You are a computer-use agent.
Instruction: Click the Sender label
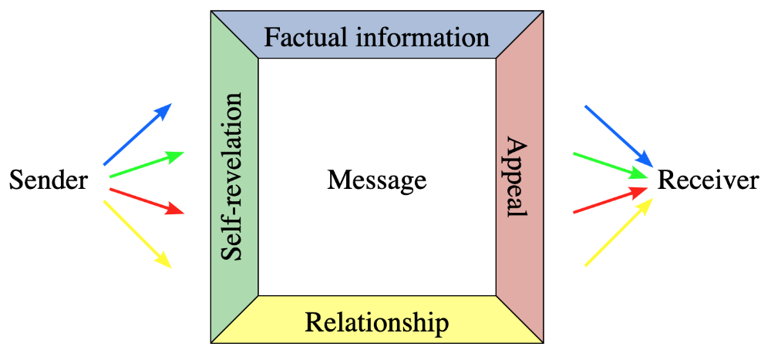[48, 181]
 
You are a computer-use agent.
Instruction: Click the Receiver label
[708, 181]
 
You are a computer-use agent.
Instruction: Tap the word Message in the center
[376, 181]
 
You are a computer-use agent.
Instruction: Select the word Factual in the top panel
[300, 36]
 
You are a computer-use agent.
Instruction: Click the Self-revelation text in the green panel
[233, 177]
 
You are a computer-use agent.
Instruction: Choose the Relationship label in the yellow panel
[376, 321]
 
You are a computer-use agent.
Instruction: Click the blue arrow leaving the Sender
[136, 135]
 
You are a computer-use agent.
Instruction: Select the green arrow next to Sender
[146, 165]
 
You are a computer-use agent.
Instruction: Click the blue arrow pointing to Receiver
[619, 136]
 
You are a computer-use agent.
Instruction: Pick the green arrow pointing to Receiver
[611, 165]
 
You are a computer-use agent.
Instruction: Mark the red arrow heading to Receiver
[611, 199]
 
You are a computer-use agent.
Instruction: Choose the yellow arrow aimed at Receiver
[619, 232]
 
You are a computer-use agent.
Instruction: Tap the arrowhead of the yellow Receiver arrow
[648, 203]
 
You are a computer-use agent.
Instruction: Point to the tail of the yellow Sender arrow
[105, 202]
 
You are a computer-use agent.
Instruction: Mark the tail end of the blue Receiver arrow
[587, 106]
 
